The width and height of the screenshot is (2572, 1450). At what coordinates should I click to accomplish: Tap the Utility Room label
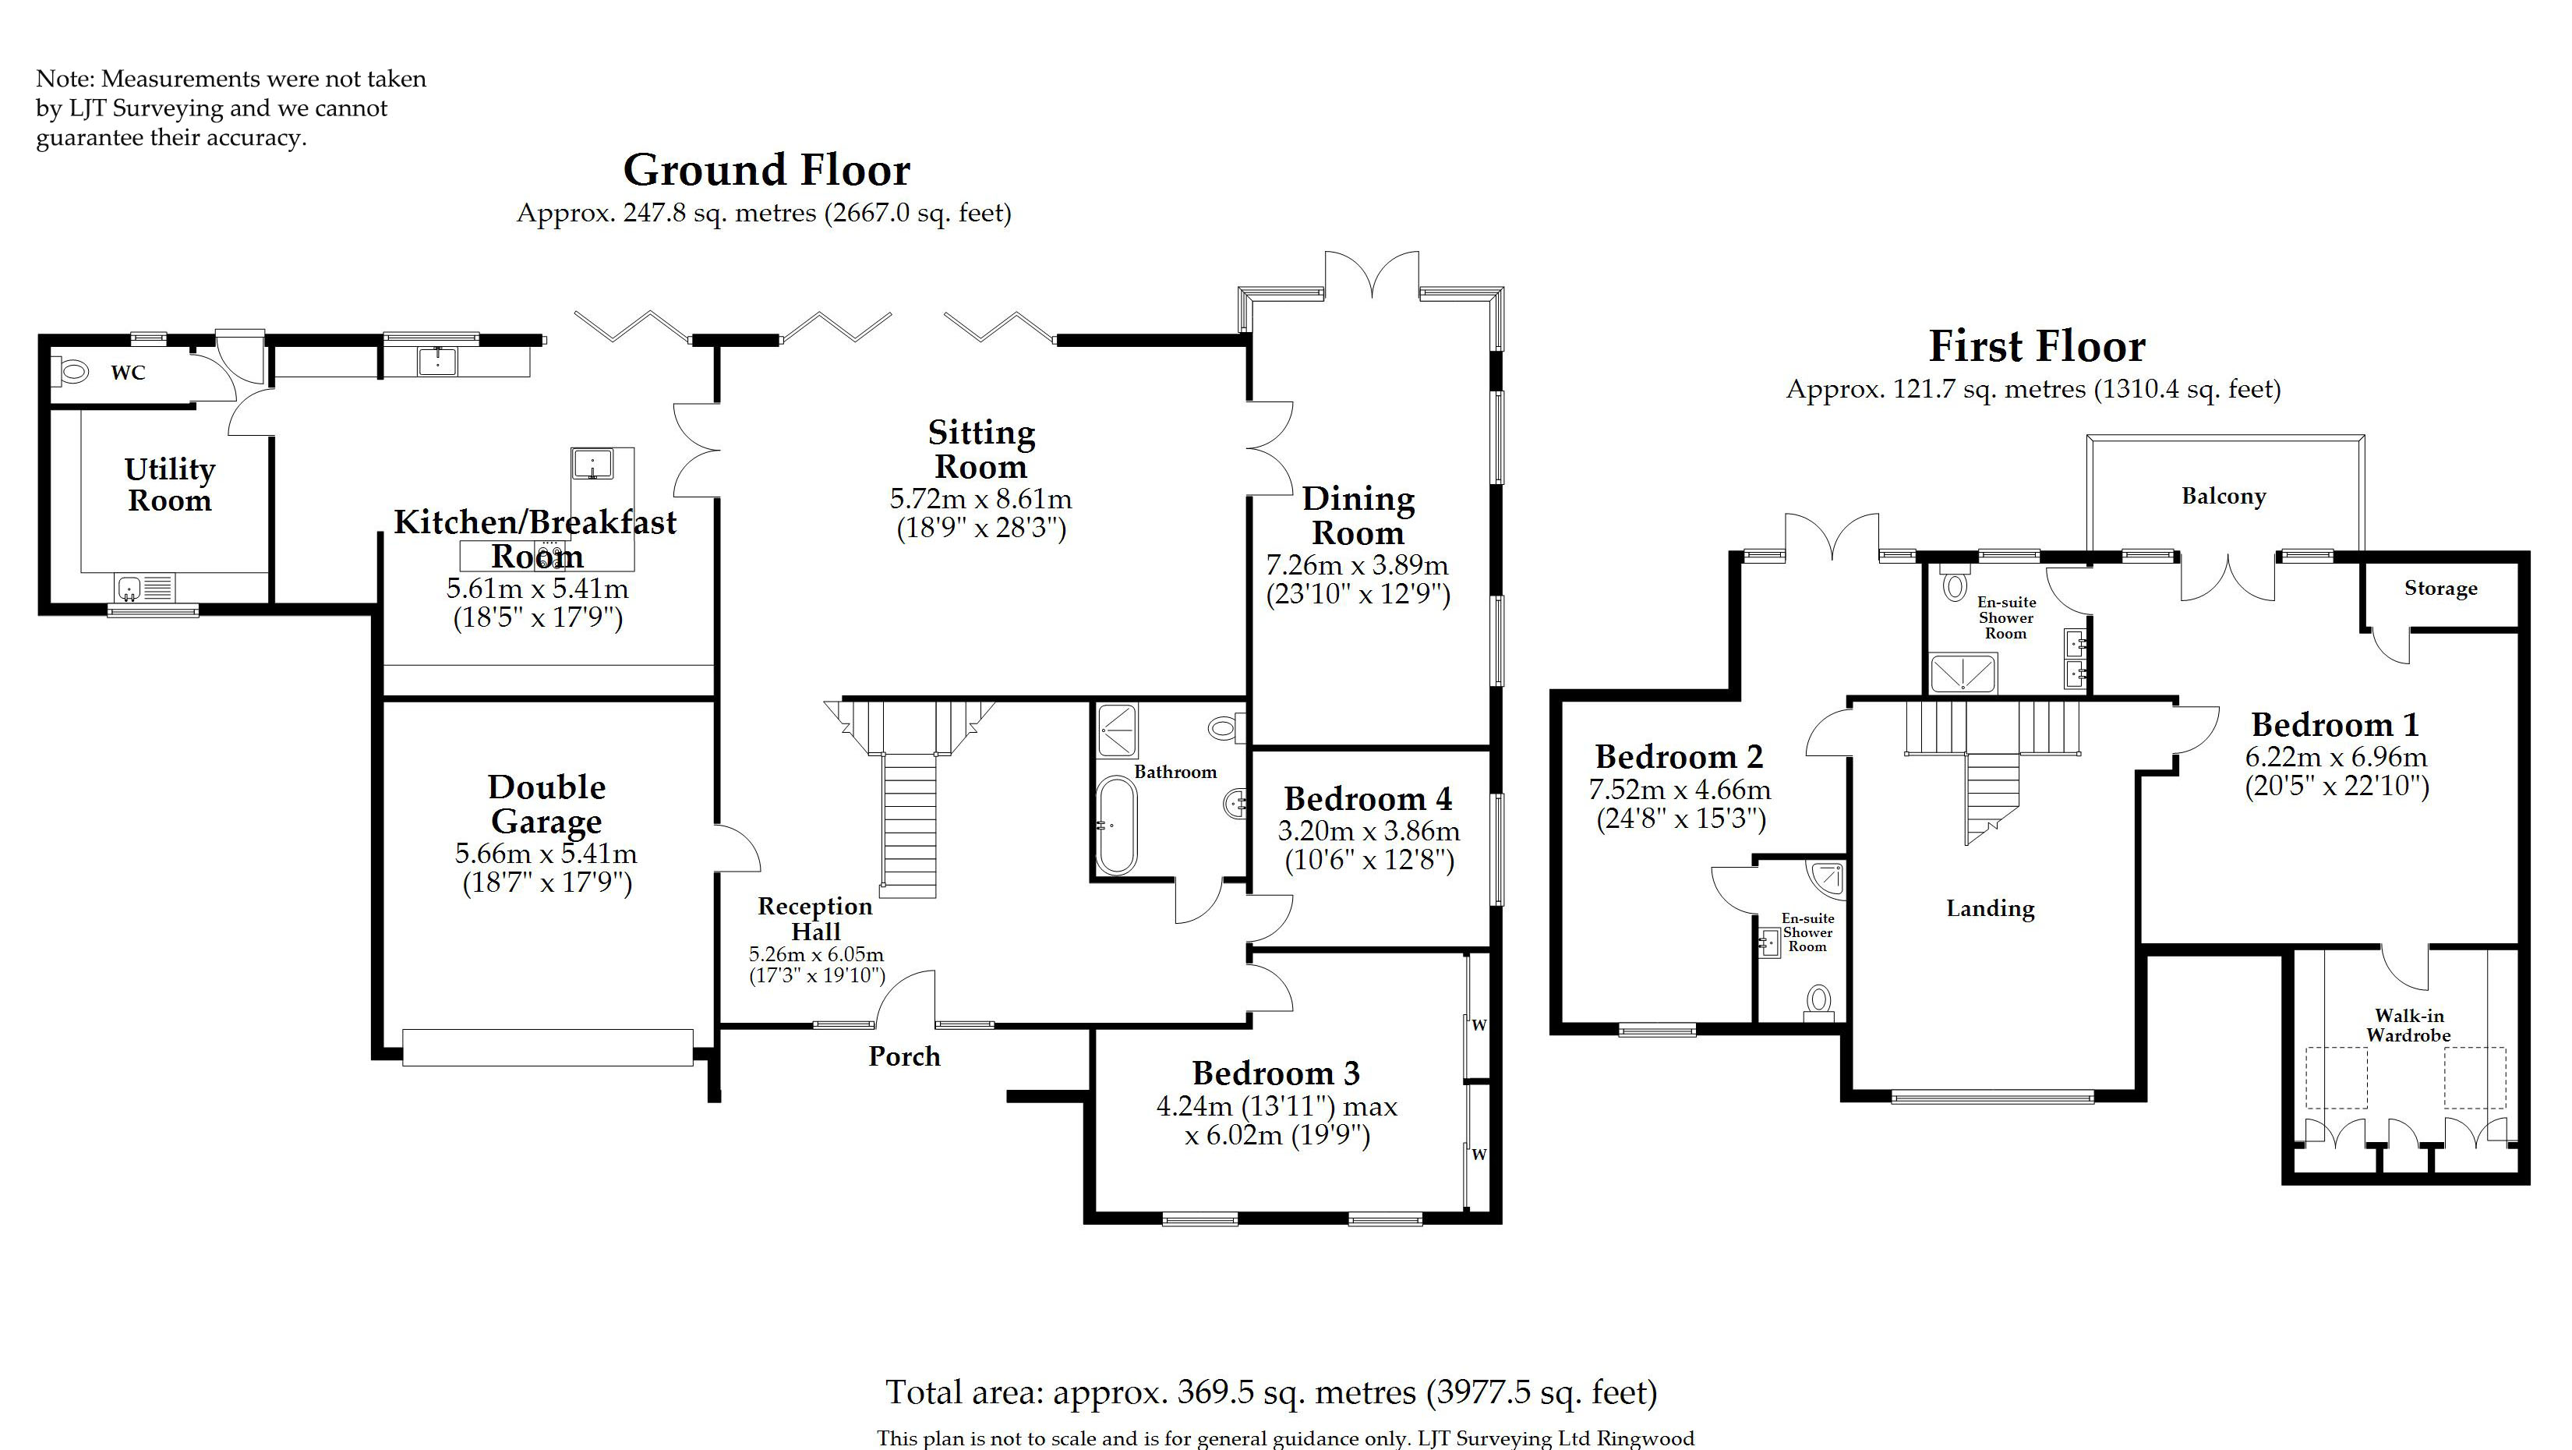[x=170, y=484]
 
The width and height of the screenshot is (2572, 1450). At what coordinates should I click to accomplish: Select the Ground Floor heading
[x=767, y=170]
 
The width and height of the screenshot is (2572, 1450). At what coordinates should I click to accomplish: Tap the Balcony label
[x=2224, y=497]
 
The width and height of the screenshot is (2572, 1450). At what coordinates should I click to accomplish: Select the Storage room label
[x=2440, y=589]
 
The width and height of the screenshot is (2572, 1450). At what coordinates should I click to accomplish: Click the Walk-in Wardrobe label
[x=2408, y=1026]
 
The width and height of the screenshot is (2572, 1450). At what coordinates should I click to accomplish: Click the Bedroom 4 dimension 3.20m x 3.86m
[x=1368, y=831]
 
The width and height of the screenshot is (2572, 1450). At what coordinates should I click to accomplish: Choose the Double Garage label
[x=547, y=804]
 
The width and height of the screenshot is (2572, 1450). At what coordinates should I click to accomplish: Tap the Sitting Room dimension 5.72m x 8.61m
[x=980, y=498]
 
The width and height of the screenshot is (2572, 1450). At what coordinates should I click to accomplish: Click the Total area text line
[x=1271, y=1392]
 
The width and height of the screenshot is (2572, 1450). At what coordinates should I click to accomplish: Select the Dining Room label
[x=1358, y=515]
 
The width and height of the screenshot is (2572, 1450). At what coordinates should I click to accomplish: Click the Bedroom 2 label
[x=1680, y=757]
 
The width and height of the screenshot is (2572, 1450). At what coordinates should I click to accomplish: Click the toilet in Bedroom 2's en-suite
[x=1819, y=1002]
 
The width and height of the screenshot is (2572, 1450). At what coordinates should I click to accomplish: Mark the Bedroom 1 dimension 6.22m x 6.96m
[x=2337, y=757]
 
